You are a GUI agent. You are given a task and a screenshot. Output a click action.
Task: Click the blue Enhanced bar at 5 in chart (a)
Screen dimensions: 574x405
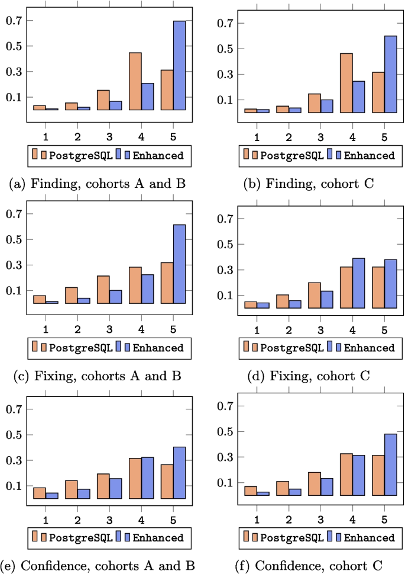click(179, 65)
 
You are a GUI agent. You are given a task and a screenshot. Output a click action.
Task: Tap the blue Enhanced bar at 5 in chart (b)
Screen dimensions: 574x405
click(390, 74)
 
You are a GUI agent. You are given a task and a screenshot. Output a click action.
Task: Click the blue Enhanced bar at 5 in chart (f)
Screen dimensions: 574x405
click(390, 464)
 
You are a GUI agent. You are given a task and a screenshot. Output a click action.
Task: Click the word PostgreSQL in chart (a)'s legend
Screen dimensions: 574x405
click(80, 156)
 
